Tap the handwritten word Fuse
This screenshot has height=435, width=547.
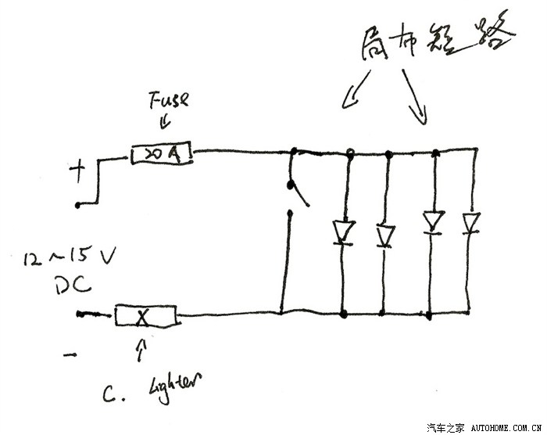(169, 102)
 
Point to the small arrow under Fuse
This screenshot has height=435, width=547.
(163, 122)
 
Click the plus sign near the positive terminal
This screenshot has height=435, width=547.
(79, 171)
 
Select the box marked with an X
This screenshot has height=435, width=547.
(147, 316)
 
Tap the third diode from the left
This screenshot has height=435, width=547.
(432, 223)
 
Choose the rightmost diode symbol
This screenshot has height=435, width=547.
(470, 224)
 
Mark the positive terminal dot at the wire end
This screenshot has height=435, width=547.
(78, 205)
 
